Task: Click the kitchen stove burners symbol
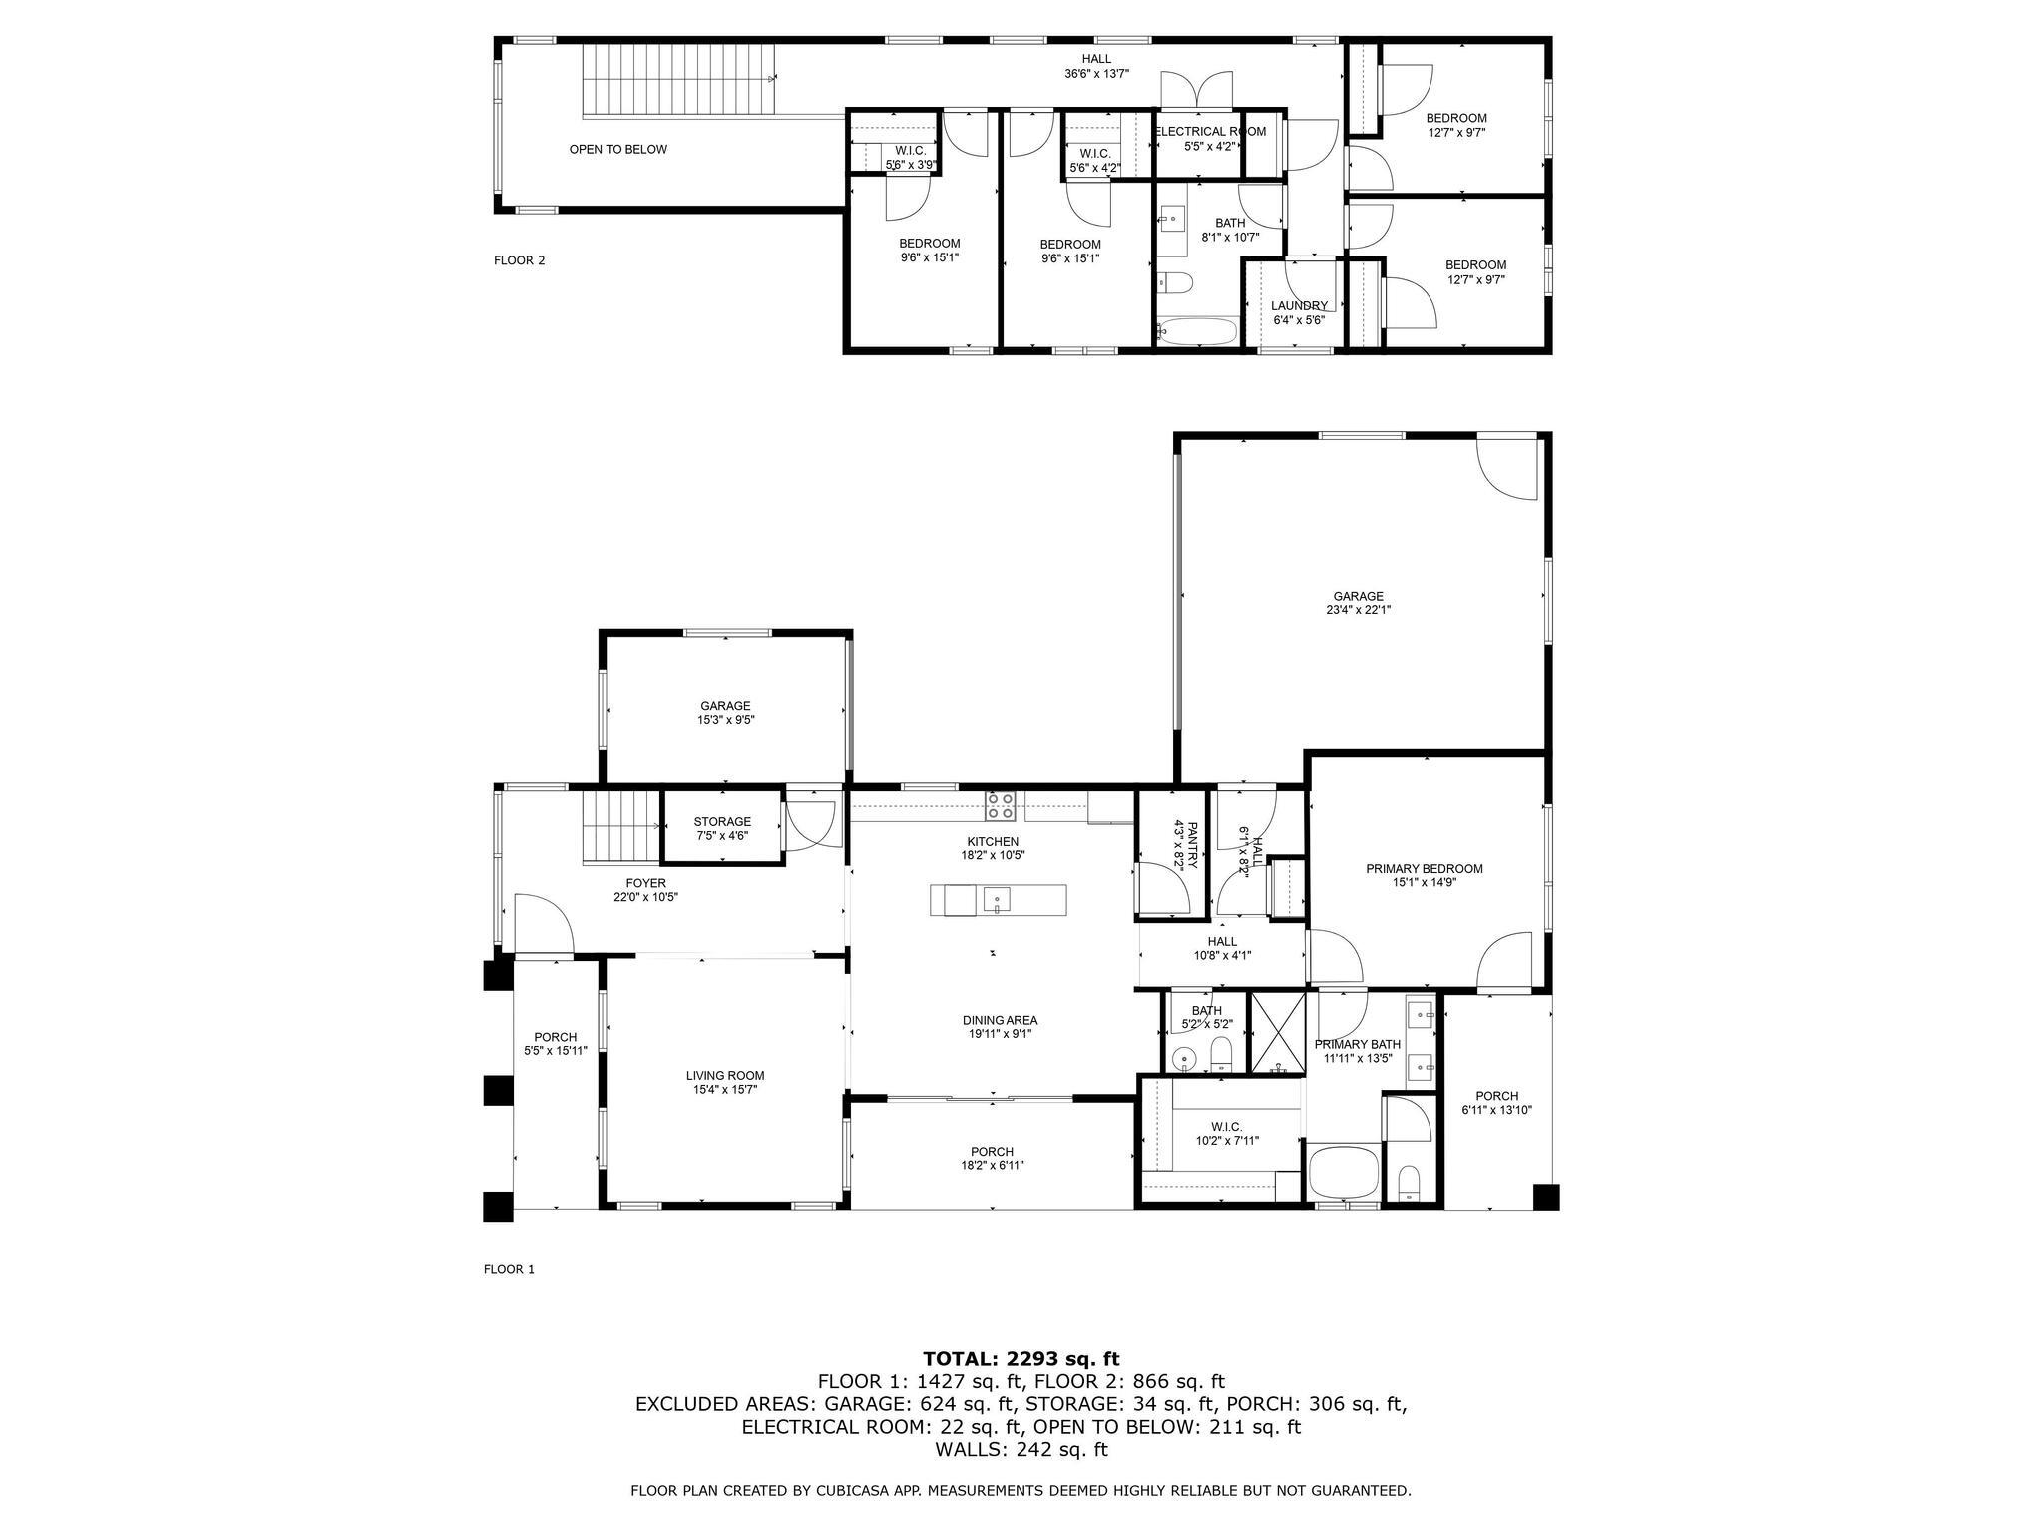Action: tap(1001, 804)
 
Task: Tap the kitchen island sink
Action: tap(997, 901)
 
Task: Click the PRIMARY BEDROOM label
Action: tap(1424, 869)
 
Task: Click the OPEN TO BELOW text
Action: tap(617, 150)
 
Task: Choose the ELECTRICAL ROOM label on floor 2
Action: tap(1210, 132)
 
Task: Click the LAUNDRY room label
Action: tap(1299, 306)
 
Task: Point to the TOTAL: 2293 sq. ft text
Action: tap(1021, 1359)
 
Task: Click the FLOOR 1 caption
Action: tap(509, 1270)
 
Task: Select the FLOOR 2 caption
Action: tap(519, 261)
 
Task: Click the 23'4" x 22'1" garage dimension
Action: tap(1358, 610)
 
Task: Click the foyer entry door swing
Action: tap(542, 922)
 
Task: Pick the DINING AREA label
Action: tap(1000, 1020)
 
